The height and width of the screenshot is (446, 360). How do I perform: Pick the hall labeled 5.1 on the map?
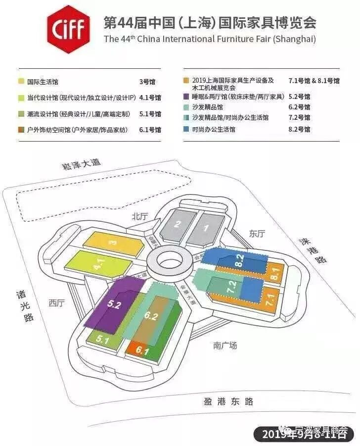(x=102, y=340)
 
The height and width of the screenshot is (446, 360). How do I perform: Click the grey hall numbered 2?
(x=177, y=223)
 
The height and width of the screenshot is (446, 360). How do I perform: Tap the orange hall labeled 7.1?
(x=270, y=299)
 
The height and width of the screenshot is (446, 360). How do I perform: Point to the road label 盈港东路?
(x=228, y=401)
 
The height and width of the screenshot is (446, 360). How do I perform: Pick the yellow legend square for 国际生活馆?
(x=22, y=82)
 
